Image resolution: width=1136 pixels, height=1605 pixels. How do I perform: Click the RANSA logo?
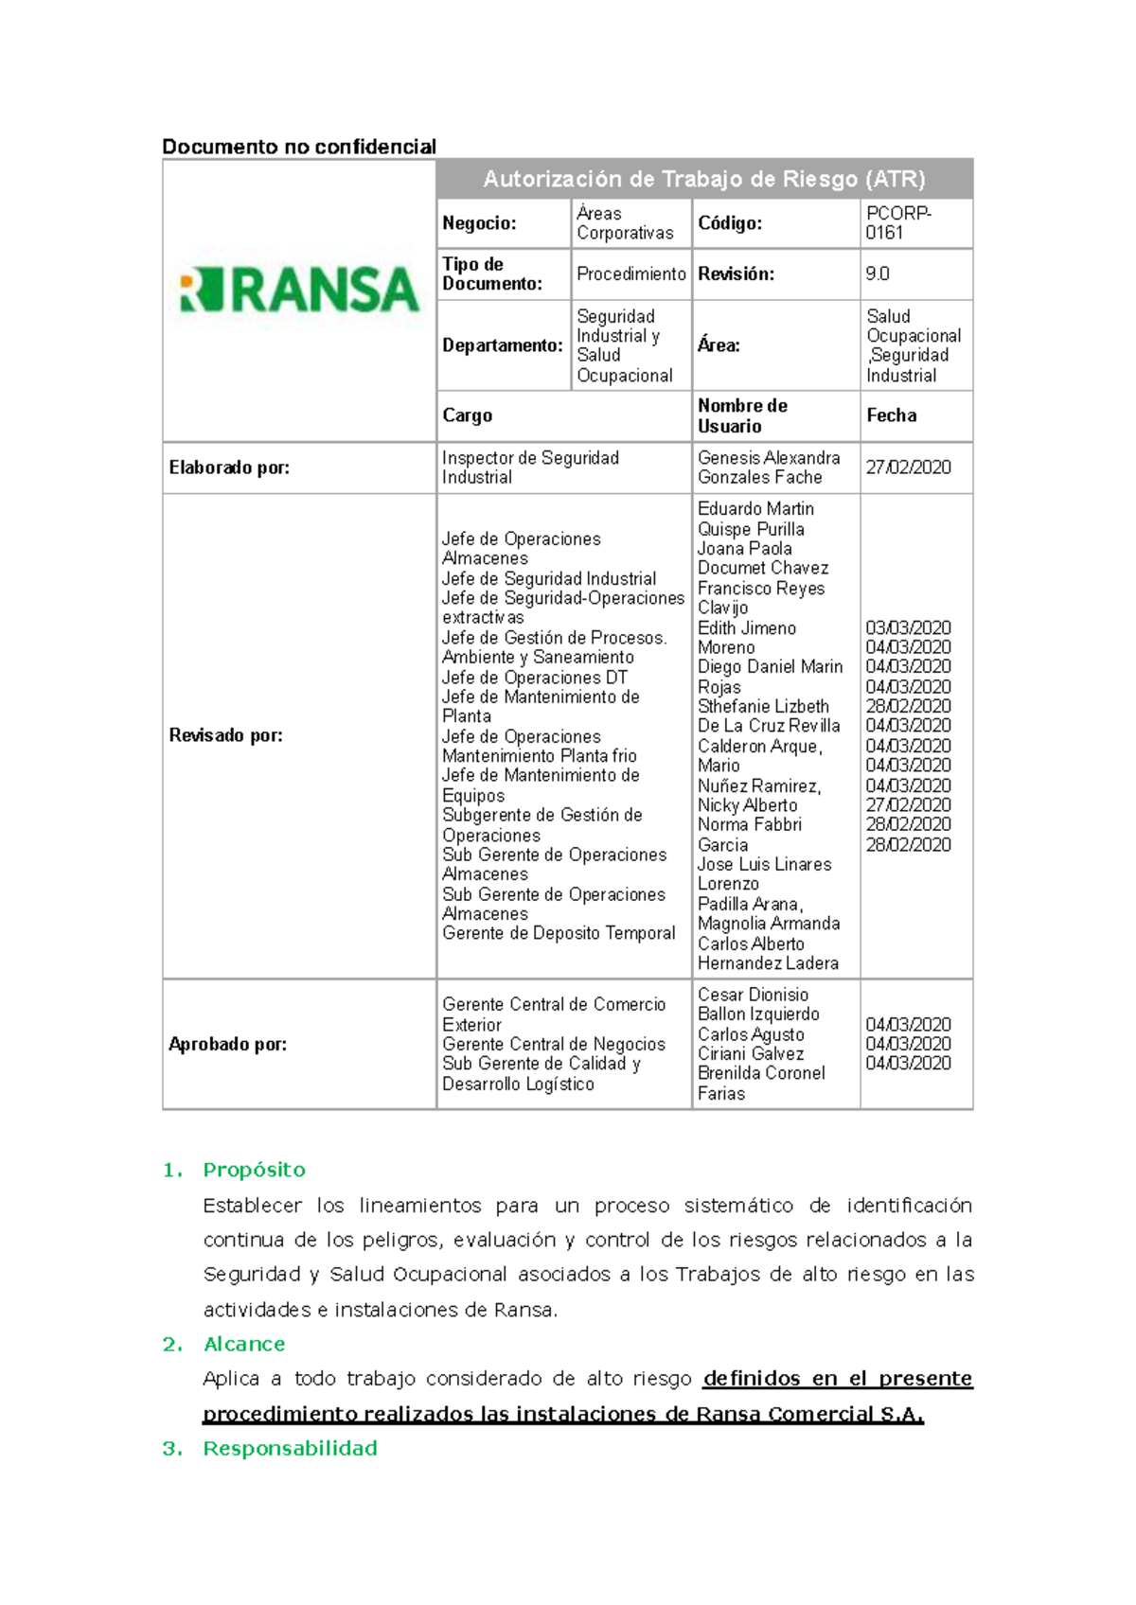pyautogui.click(x=299, y=290)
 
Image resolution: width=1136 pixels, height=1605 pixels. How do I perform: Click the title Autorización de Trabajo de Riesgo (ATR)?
pyautogui.click(x=704, y=179)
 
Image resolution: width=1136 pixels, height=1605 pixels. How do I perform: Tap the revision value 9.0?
pyautogui.click(x=877, y=274)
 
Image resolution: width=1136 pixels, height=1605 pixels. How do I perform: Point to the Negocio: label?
pyautogui.click(x=479, y=223)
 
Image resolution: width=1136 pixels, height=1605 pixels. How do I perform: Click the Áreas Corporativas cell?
pyautogui.click(x=625, y=223)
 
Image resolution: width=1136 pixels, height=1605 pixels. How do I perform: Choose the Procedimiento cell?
pyautogui.click(x=630, y=274)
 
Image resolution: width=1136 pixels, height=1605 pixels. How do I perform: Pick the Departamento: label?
pyautogui.click(x=502, y=345)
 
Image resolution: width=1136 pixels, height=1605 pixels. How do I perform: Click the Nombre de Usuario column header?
pyautogui.click(x=742, y=415)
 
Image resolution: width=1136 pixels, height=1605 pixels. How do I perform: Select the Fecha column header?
pyautogui.click(x=891, y=415)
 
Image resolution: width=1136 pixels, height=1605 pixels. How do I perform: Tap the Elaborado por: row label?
pyautogui.click(x=229, y=467)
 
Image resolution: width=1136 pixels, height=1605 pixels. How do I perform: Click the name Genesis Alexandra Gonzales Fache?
pyautogui.click(x=768, y=467)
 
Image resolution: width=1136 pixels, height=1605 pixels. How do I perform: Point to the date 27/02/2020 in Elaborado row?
pyautogui.click(x=908, y=467)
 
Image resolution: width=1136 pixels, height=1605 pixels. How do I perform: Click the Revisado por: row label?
pyautogui.click(x=225, y=735)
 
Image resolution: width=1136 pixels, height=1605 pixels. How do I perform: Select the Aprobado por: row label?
pyautogui.click(x=227, y=1044)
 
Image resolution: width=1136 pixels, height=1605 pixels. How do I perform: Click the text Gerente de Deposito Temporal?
pyautogui.click(x=559, y=933)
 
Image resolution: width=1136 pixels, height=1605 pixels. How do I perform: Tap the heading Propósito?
pyautogui.click(x=254, y=1170)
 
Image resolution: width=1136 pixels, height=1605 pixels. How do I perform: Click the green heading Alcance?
pyautogui.click(x=243, y=1344)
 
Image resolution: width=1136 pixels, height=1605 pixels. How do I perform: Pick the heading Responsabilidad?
pyautogui.click(x=290, y=1448)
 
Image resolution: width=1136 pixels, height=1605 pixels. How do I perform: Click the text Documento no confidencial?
pyautogui.click(x=299, y=147)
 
